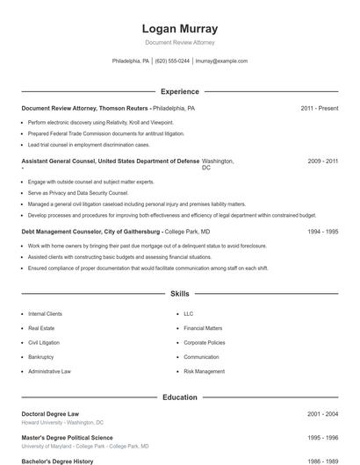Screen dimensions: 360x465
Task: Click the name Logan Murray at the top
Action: point(179,29)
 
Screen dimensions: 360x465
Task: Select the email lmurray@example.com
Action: point(221,61)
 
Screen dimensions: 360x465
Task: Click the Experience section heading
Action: point(179,91)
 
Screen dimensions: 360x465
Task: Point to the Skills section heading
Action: point(179,294)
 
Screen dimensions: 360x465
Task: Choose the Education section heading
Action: point(179,397)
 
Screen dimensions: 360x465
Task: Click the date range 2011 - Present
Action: point(319,108)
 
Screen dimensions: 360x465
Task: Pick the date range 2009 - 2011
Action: point(320,161)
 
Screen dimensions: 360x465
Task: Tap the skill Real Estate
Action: point(41,328)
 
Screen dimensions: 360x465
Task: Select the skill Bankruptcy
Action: point(40,357)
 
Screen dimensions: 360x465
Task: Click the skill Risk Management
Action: point(204,371)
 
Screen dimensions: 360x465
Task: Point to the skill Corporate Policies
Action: point(204,342)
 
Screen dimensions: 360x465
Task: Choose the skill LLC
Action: point(189,313)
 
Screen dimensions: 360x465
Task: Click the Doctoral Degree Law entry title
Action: point(55,413)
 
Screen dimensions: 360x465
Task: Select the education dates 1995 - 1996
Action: point(322,437)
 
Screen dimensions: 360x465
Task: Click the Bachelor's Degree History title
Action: point(58,461)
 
